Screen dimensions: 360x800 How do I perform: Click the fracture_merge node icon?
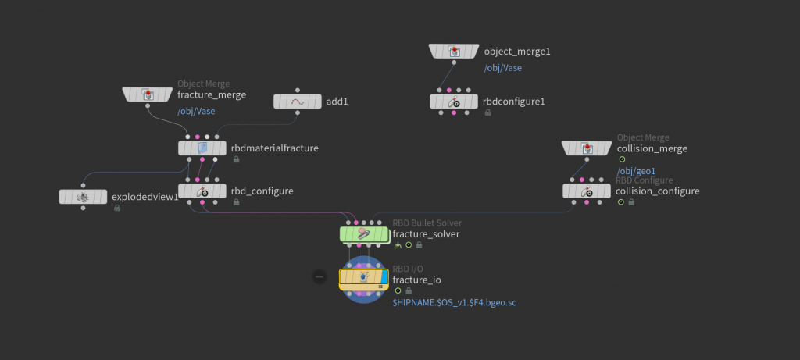click(147, 94)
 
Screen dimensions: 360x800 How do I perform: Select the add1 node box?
click(298, 102)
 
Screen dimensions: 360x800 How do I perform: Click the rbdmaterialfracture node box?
click(202, 148)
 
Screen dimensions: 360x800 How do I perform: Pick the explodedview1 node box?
click(83, 197)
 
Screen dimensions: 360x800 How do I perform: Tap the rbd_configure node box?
click(202, 191)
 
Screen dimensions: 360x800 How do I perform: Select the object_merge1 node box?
click(453, 52)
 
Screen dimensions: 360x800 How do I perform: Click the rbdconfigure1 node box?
click(453, 102)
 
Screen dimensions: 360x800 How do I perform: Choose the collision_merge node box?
click(587, 148)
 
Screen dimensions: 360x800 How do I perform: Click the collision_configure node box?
click(587, 191)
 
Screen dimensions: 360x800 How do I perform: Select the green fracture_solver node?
click(363, 233)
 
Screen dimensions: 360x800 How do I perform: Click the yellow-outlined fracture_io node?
click(363, 277)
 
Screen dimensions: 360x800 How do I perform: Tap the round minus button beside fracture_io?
click(319, 276)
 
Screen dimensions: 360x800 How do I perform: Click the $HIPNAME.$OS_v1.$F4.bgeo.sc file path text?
click(454, 301)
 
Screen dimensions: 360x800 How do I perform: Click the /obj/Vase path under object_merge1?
click(503, 68)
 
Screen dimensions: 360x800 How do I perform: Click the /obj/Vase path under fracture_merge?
click(196, 111)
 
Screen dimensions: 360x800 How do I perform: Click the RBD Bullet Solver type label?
click(427, 223)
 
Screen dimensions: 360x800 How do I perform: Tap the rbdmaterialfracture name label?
click(274, 148)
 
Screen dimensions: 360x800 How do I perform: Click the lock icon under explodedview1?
click(116, 208)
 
